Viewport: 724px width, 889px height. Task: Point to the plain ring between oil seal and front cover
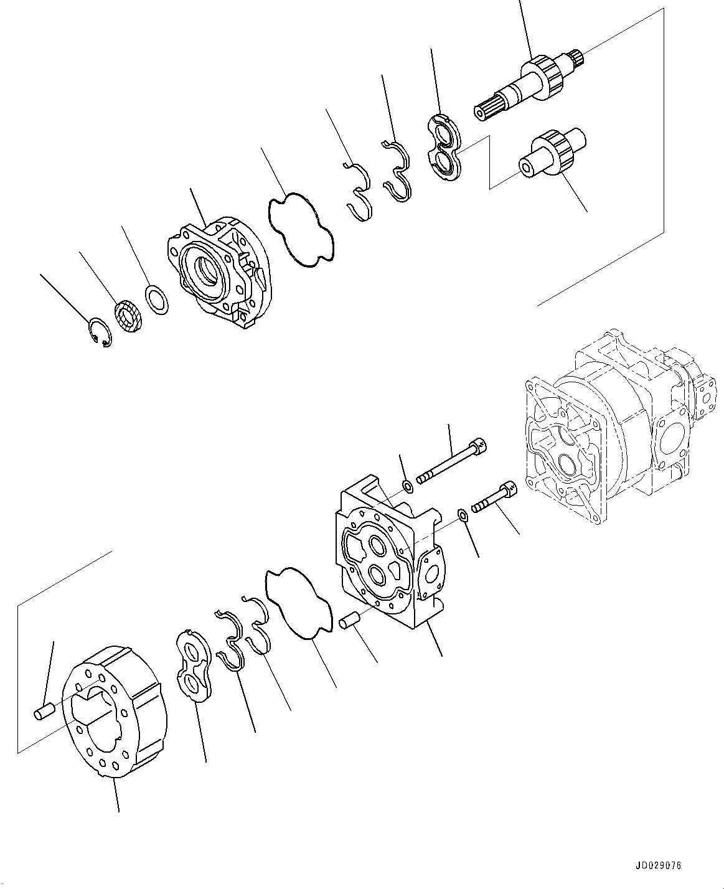click(x=157, y=300)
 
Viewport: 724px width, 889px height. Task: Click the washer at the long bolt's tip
click(x=407, y=486)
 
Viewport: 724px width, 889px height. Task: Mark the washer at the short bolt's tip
click(x=463, y=514)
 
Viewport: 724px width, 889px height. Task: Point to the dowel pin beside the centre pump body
click(x=351, y=623)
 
